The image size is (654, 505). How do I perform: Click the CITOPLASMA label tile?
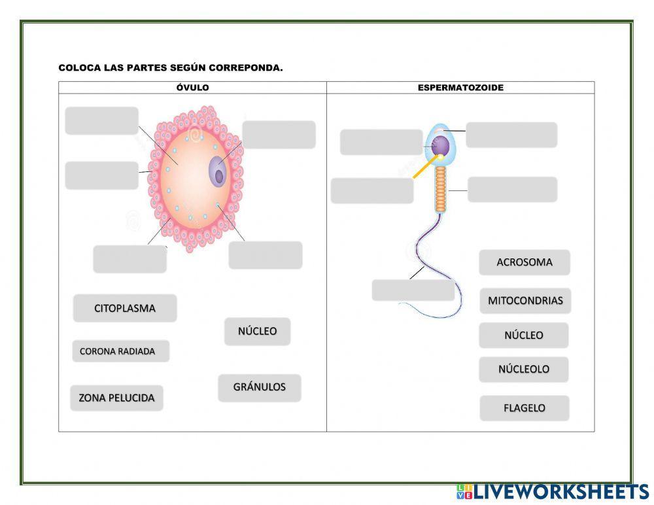(x=124, y=308)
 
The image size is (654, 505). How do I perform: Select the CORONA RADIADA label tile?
(x=120, y=351)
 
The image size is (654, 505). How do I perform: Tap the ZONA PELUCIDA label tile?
(x=116, y=398)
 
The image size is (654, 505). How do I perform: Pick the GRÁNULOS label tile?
(x=259, y=387)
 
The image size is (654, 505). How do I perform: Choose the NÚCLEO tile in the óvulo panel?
(x=257, y=331)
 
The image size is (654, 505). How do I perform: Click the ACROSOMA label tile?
(x=524, y=262)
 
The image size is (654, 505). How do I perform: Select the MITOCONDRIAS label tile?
(x=525, y=301)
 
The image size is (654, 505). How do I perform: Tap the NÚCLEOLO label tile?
(x=523, y=369)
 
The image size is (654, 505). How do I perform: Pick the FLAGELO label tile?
(x=524, y=408)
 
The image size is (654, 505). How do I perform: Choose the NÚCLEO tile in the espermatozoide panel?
(x=523, y=335)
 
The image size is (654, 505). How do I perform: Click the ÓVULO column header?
(x=192, y=88)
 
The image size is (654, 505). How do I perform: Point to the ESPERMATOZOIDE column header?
(x=460, y=88)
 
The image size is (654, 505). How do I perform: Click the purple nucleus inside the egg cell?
(x=218, y=172)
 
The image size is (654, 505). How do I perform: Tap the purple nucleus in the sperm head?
(x=442, y=145)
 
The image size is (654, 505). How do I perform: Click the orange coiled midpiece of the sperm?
(x=441, y=188)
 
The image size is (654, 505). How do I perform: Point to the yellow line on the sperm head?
(x=422, y=169)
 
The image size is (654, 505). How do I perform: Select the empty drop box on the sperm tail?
(x=413, y=290)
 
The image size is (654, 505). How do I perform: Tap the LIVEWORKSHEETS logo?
(x=552, y=492)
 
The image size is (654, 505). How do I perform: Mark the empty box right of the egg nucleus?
(x=279, y=134)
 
